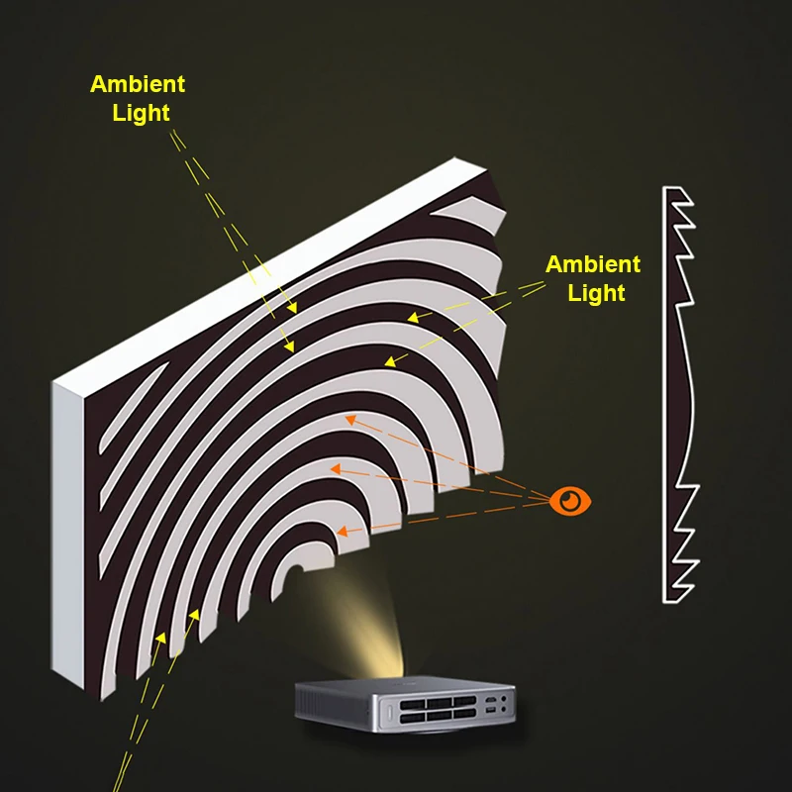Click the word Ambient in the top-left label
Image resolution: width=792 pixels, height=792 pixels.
coord(138,84)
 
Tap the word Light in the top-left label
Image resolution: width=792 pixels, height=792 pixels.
coord(141,113)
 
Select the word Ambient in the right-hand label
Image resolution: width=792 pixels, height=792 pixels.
coord(593,264)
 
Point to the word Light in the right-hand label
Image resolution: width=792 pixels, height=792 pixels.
coord(597,293)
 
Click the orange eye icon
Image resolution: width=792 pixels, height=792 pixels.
coord(569,502)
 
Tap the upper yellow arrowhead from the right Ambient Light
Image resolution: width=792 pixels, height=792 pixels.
coord(411,318)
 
